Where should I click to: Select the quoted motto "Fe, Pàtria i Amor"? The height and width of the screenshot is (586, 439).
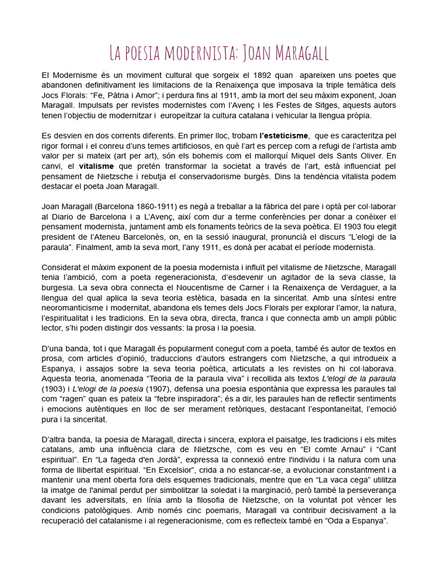[x=98, y=95]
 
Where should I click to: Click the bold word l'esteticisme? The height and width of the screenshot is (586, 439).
[x=284, y=136]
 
